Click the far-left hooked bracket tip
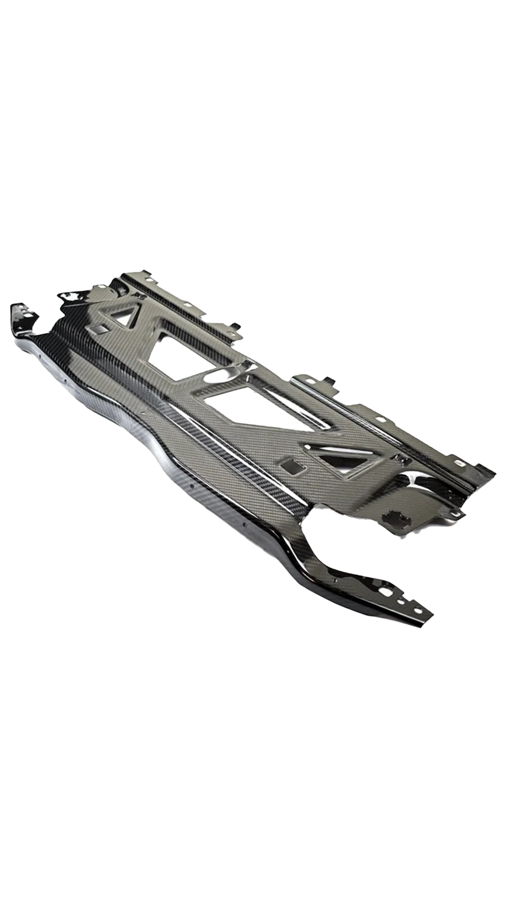click(x=12, y=308)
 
